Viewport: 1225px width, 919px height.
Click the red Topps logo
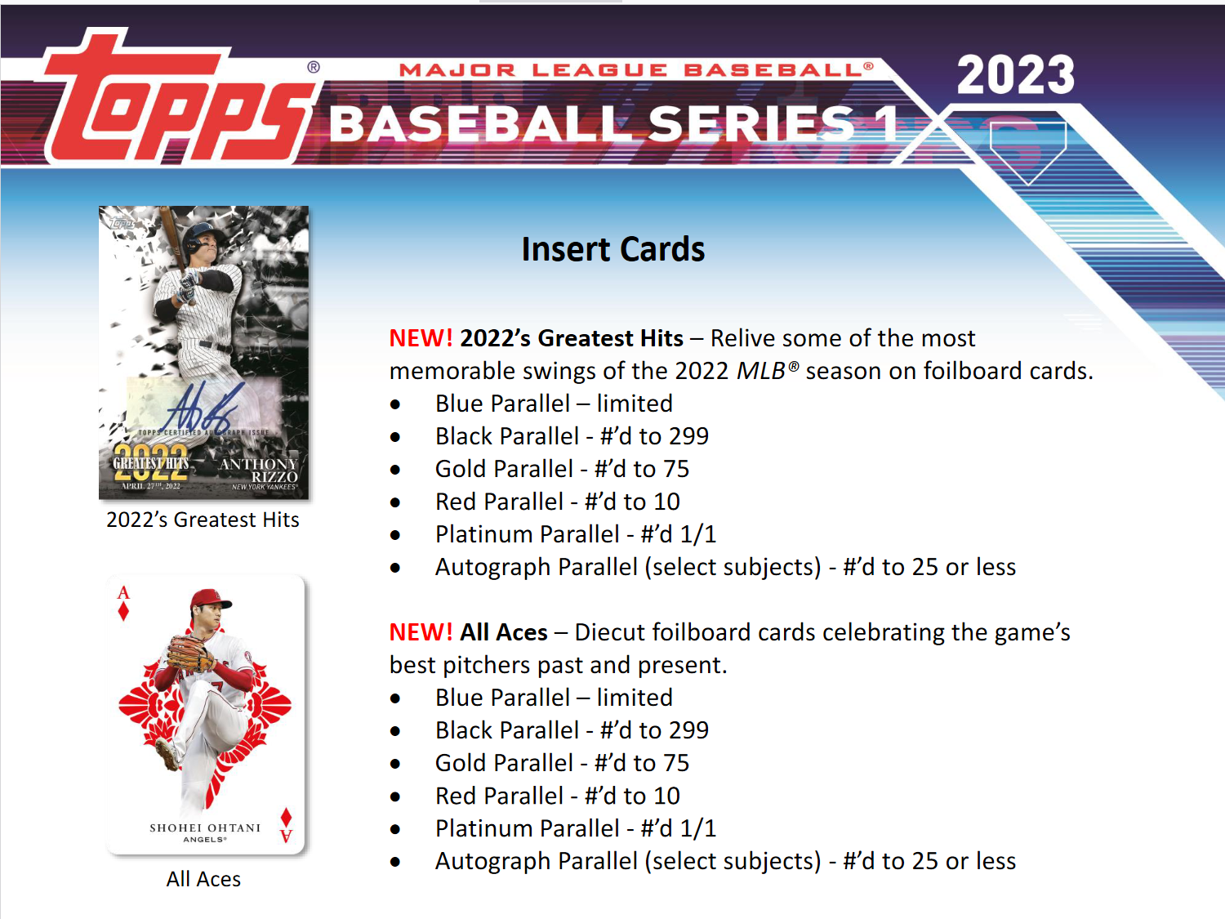click(x=176, y=102)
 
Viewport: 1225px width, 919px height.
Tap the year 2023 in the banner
click(x=1015, y=75)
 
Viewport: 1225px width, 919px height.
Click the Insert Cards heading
click(x=612, y=249)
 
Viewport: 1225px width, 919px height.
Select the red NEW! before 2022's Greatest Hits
click(x=421, y=338)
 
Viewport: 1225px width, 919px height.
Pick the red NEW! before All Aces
click(x=421, y=632)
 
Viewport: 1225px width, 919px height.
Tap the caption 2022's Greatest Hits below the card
click(x=203, y=520)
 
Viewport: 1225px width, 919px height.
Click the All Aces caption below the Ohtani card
click(x=203, y=879)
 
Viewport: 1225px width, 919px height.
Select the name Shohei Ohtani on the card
click(x=205, y=828)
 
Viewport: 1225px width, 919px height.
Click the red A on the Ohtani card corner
click(x=123, y=592)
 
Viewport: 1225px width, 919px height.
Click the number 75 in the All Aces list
click(x=676, y=763)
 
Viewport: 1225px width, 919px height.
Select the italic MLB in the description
click(x=761, y=371)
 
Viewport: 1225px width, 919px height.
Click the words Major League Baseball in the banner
click(x=629, y=70)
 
